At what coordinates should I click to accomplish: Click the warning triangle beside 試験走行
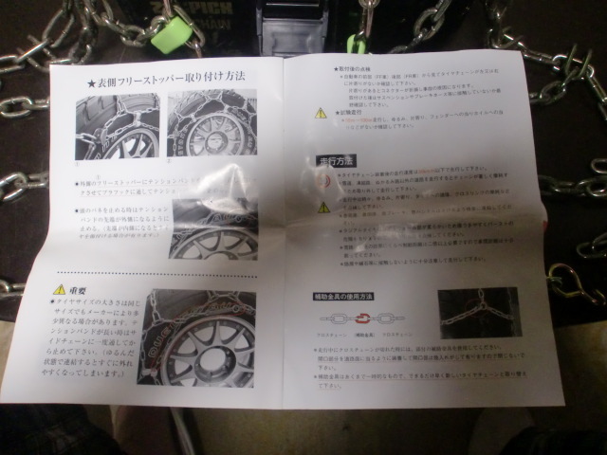[322, 112]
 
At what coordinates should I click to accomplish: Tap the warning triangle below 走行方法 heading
[323, 207]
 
